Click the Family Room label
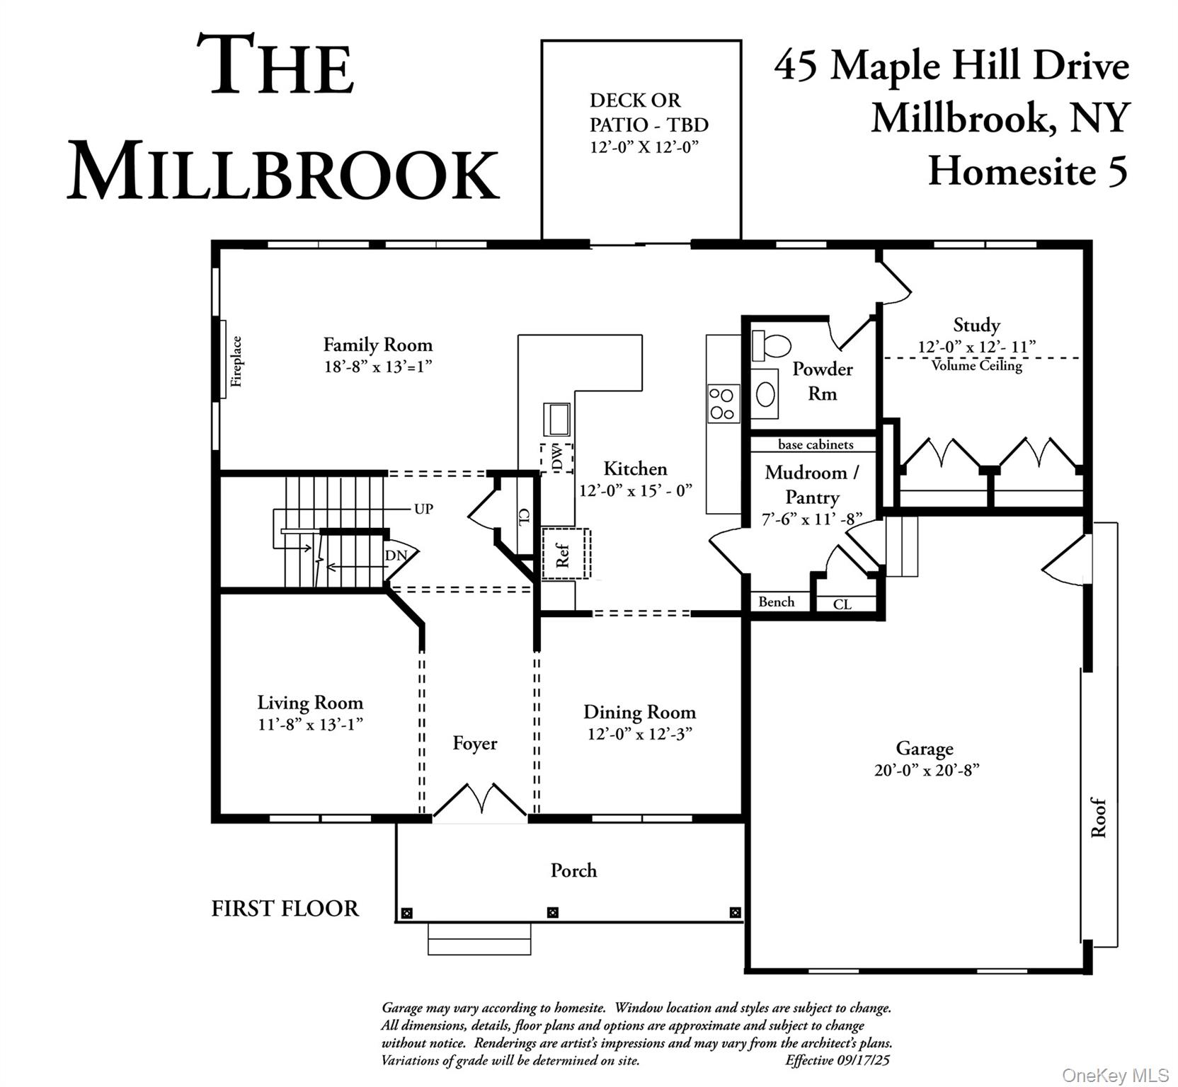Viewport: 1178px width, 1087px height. click(377, 345)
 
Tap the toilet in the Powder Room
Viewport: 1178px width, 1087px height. click(772, 345)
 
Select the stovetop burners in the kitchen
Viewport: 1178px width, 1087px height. click(723, 403)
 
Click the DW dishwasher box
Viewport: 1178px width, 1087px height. click(557, 458)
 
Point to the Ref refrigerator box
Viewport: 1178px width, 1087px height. click(565, 554)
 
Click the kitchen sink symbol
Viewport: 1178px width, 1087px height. click(557, 419)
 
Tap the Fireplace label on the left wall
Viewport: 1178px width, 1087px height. click(236, 361)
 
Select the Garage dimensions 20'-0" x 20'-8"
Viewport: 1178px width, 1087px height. click(926, 770)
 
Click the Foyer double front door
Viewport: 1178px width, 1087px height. click(480, 800)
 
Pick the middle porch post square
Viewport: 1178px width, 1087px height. click(553, 912)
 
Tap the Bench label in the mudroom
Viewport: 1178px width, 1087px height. click(776, 602)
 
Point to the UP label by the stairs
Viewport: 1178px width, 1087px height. click(423, 509)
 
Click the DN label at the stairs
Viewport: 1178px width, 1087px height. click(396, 556)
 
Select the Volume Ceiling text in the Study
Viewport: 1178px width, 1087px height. click(976, 366)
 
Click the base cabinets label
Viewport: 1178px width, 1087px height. click(816, 444)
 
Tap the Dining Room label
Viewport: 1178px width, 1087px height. click(639, 712)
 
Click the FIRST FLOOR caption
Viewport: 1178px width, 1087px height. click(285, 908)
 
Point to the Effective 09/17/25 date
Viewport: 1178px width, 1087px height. click(837, 1060)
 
